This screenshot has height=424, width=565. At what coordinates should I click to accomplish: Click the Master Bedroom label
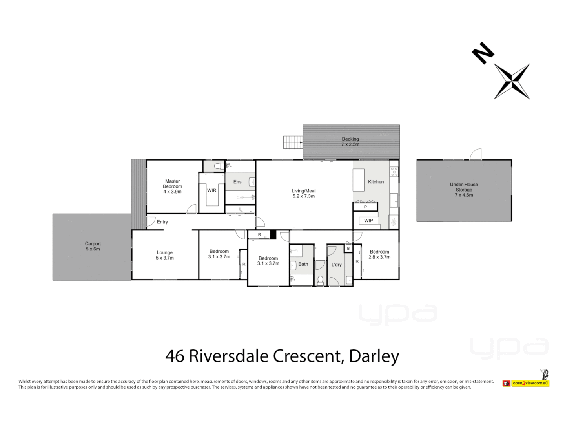(x=172, y=186)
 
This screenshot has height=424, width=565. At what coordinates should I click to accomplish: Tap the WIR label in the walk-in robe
(x=211, y=190)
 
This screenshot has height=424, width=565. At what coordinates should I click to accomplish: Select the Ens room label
(x=237, y=182)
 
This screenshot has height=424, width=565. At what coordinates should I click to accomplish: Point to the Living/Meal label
(x=303, y=194)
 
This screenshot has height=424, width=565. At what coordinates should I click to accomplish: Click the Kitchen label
(x=375, y=182)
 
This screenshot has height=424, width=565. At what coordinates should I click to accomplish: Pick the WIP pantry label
(x=368, y=221)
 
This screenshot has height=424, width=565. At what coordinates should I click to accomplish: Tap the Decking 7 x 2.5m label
(x=350, y=142)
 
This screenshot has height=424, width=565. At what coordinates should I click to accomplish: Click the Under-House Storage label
(x=463, y=190)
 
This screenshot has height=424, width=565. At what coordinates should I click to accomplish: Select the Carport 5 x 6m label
(x=93, y=246)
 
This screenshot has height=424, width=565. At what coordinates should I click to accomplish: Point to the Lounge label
(x=164, y=255)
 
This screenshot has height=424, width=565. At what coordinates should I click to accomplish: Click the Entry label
(x=162, y=222)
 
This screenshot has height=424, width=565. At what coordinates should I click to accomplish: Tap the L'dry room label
(x=336, y=265)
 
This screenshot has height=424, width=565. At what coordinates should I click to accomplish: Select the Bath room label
(x=303, y=264)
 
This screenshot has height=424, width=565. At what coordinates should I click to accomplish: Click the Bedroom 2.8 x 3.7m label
(x=379, y=254)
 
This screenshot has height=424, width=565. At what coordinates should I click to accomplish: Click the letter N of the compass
(x=483, y=53)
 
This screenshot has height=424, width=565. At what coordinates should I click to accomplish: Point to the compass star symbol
(x=512, y=82)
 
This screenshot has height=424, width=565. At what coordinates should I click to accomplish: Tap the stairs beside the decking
(x=293, y=142)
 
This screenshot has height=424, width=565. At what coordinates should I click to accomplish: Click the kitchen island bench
(x=358, y=180)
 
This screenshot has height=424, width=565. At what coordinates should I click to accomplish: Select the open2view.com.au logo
(x=530, y=383)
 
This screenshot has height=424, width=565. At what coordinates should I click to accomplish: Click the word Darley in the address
(x=374, y=356)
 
